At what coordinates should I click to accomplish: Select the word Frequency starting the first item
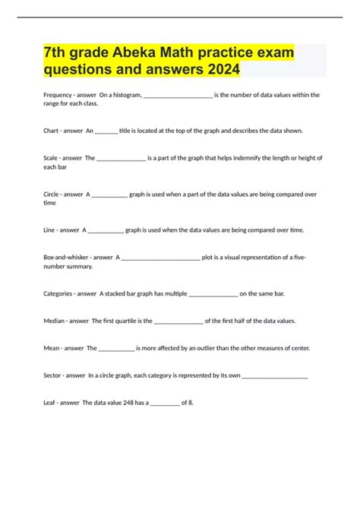[x=58, y=95]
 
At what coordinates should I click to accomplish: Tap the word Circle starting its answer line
[x=52, y=194]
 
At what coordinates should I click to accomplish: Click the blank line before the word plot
[x=160, y=257]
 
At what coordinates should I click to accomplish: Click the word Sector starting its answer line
[x=53, y=375]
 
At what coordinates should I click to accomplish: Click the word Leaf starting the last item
[x=50, y=403]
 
